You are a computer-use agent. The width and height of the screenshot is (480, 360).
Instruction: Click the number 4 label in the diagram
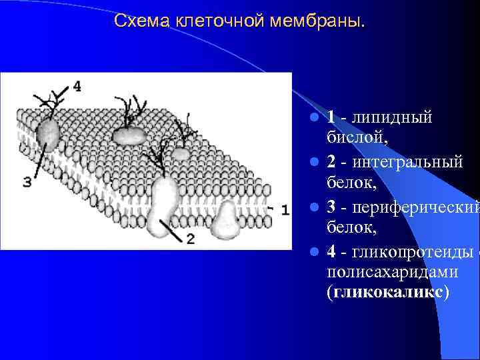[x=78, y=86]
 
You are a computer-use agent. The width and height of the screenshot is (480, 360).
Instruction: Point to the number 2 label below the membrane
[x=190, y=239]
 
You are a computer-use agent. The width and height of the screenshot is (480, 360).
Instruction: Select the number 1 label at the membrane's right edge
[x=285, y=209]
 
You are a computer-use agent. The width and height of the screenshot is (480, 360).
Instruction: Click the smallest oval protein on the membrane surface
[x=181, y=153]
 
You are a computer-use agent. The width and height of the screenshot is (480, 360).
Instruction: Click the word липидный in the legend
[x=396, y=117]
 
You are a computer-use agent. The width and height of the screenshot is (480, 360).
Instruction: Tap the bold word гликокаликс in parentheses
[x=388, y=293]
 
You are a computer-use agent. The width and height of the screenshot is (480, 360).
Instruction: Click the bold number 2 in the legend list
[x=331, y=161]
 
